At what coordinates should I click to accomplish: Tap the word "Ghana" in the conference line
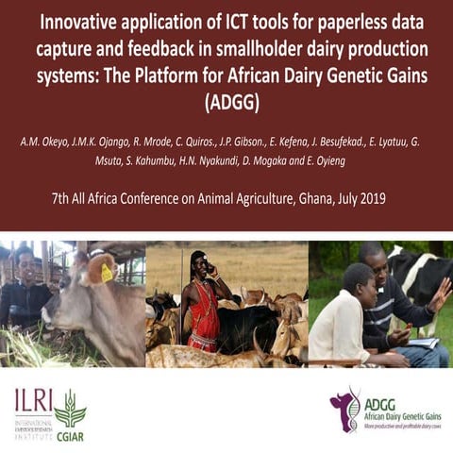[326, 198]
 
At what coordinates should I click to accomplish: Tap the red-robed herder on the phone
[203, 302]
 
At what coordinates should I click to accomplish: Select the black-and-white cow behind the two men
[420, 274]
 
